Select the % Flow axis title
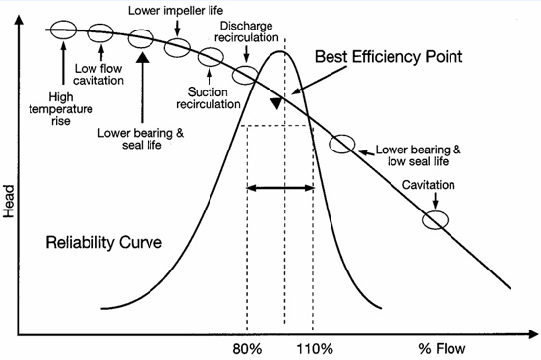tap(440, 348)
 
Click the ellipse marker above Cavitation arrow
tap(435, 219)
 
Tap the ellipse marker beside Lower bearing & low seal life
tap(341, 144)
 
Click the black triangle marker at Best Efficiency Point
tap(279, 102)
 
